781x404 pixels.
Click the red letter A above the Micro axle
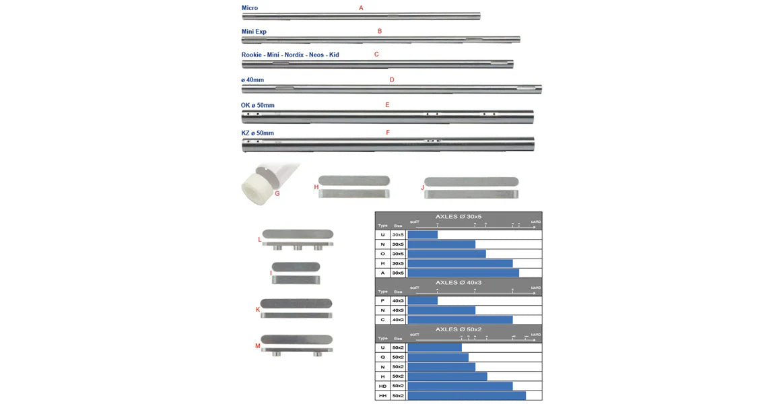pos(361,8)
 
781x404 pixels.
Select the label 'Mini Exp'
pos(254,32)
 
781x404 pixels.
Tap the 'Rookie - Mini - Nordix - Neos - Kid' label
pos(290,55)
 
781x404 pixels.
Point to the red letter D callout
pos(392,80)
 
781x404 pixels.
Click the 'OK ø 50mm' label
pos(258,106)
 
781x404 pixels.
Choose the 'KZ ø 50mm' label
pos(258,133)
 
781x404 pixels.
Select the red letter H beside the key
pos(316,187)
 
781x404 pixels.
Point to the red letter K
pos(258,310)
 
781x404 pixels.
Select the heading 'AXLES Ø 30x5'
pos(459,217)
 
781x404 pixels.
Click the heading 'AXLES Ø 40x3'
pos(459,283)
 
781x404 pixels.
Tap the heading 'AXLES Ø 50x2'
pos(459,329)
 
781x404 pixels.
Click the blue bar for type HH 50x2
pos(467,396)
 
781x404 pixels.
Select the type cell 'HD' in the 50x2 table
pos(382,386)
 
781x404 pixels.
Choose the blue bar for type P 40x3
pos(423,300)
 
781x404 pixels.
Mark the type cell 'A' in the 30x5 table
pos(382,273)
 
